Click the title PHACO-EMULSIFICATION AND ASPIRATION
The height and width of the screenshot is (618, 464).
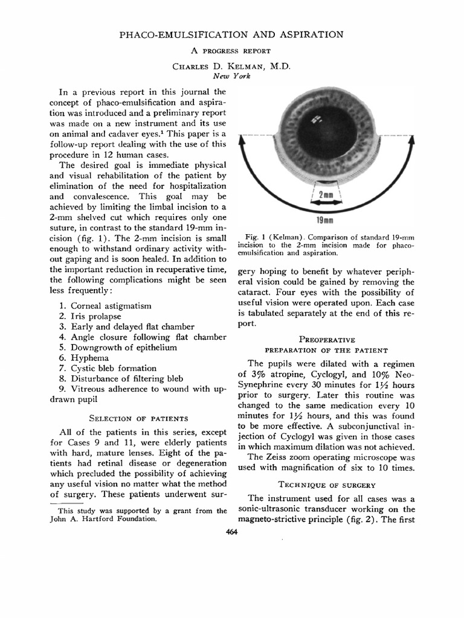click(232, 35)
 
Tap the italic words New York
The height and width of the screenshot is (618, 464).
click(232, 77)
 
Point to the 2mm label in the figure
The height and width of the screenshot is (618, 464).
click(326, 195)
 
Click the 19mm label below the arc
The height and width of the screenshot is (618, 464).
click(326, 220)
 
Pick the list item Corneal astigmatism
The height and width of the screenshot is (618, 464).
click(111, 306)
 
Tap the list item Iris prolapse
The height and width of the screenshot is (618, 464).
click(96, 316)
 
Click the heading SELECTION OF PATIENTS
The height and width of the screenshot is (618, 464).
click(138, 418)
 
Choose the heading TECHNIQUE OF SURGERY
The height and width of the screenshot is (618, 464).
click(326, 485)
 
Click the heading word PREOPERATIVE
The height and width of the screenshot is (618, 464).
click(327, 340)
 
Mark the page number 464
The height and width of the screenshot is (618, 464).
click(232, 531)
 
